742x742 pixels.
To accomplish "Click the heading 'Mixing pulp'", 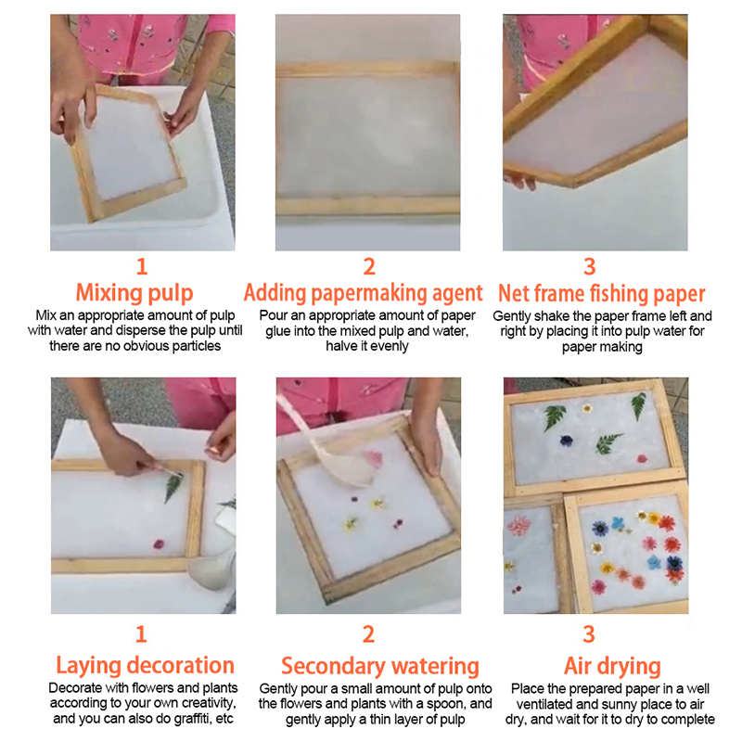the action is (x=134, y=293).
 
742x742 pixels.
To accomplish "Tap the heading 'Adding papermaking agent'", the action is (x=363, y=293).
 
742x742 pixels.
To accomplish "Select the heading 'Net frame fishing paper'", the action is (x=601, y=294).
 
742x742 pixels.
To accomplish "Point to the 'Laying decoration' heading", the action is (x=146, y=666).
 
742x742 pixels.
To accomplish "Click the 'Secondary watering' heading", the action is (x=380, y=666).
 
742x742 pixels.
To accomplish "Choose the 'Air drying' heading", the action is (x=612, y=666).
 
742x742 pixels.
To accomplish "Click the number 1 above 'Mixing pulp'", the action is (x=142, y=266).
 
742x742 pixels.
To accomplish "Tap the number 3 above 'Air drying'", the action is (x=589, y=634).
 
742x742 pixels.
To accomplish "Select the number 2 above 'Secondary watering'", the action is (x=368, y=634).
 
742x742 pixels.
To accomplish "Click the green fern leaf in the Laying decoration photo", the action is (x=173, y=488).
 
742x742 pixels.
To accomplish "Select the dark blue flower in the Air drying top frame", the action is (x=567, y=441).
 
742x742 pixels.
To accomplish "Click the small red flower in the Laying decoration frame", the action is (x=159, y=544).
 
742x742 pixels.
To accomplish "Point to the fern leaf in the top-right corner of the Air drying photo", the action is (x=638, y=405).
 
